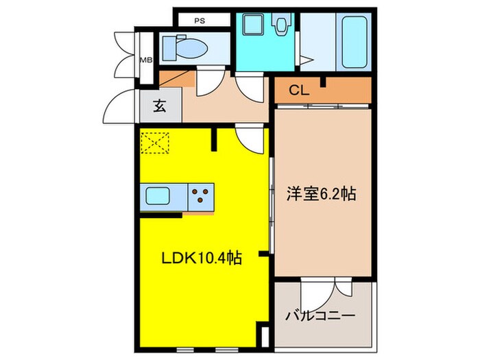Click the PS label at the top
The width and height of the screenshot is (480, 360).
click(200, 21)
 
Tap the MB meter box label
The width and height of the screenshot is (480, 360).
click(146, 60)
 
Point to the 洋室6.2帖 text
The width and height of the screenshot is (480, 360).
click(321, 194)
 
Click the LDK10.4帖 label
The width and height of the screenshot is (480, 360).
click(191, 260)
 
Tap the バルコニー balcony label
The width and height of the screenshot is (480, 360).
click(320, 317)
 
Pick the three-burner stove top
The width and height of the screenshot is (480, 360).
click(201, 197)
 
